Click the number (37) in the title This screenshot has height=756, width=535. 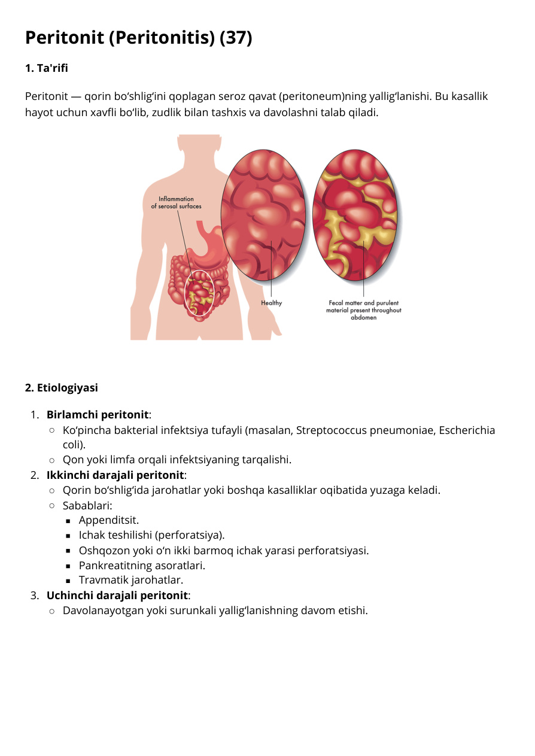pos(235,38)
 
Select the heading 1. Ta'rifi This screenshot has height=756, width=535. pos(47,68)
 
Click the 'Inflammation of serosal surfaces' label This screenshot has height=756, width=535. pos(176,202)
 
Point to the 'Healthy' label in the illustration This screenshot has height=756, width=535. pos(272,303)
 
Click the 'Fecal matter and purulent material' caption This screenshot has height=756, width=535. pos(364,310)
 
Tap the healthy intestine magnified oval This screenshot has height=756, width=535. pos(263,215)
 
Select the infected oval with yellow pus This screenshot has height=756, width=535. pos(355,215)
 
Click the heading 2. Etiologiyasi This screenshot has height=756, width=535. pos(62,388)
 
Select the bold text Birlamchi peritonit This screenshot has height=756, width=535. pos(98,414)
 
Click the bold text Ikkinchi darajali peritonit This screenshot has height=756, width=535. pos(115,475)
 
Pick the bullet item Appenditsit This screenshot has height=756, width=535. pos(109,520)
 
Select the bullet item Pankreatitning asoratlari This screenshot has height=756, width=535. pos(142,565)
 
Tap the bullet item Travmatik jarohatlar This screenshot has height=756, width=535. pos(131,580)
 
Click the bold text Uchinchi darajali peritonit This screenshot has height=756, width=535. pos(117,596)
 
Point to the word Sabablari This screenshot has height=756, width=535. pos(87,506)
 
